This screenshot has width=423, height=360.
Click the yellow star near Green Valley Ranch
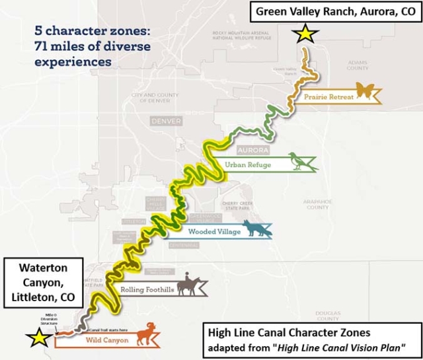point(305,34)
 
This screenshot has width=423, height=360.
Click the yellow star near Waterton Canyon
point(38,338)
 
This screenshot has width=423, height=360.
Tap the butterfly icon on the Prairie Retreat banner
point(365,90)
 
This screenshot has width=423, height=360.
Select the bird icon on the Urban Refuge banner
point(303,161)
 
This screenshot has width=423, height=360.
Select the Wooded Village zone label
point(210,232)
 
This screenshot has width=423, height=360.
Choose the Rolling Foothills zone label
point(146,289)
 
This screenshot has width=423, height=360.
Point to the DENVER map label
point(166,122)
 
